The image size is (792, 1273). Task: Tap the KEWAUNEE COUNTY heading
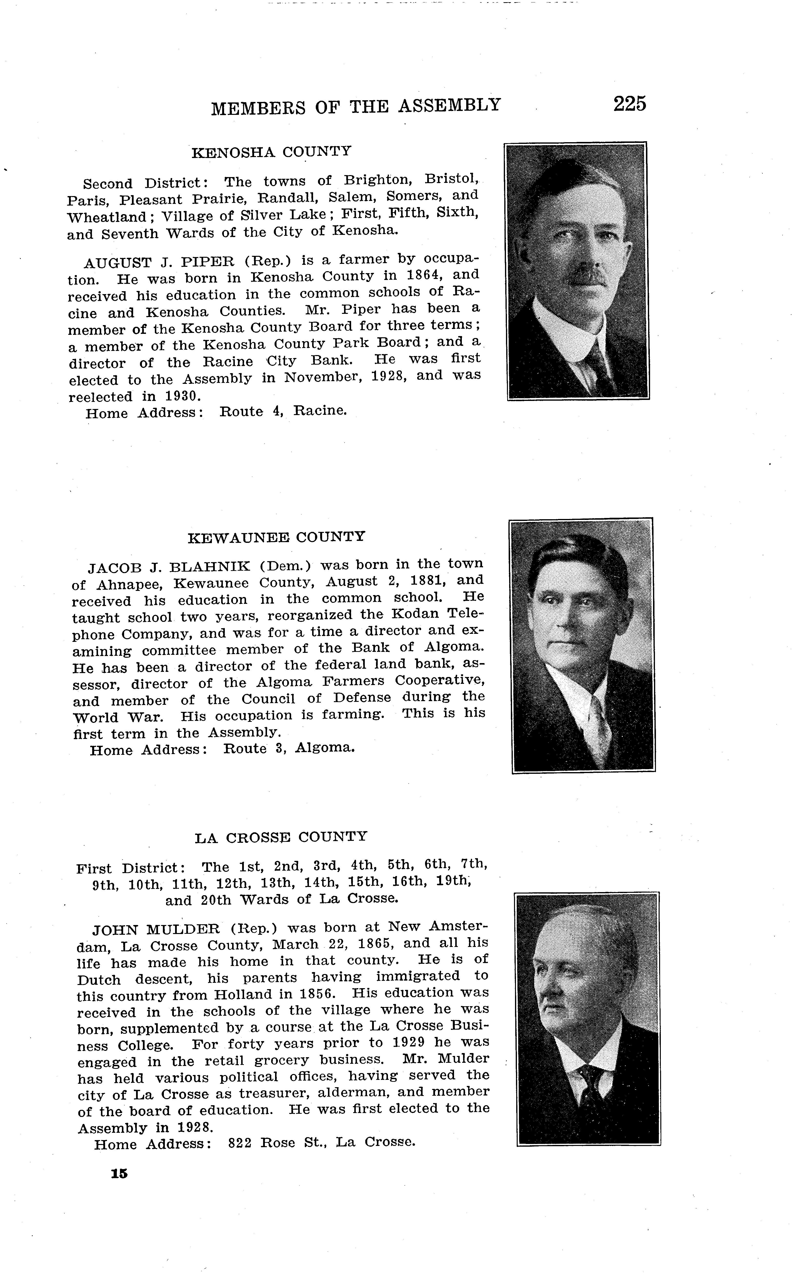(276, 537)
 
